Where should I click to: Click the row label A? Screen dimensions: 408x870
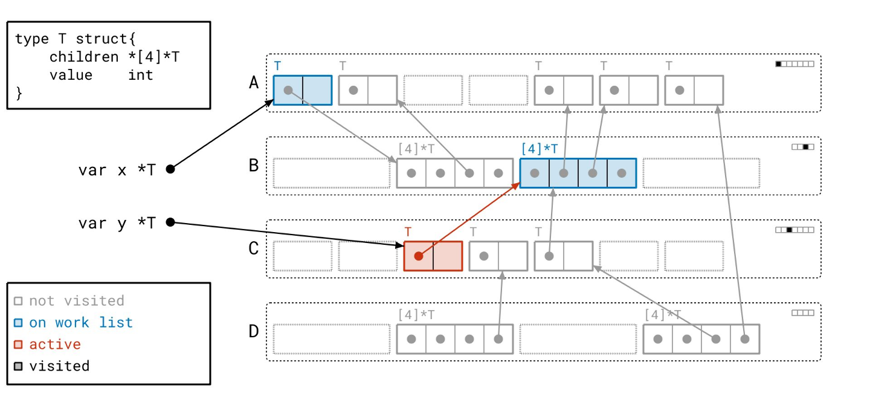(x=254, y=82)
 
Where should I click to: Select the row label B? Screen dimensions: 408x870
(x=254, y=165)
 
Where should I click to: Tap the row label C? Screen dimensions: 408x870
(x=254, y=248)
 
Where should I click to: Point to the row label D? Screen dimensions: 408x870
(x=254, y=331)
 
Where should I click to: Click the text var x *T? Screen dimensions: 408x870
(x=117, y=170)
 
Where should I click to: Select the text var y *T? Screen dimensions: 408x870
(x=117, y=223)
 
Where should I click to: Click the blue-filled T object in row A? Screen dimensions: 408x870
(x=303, y=90)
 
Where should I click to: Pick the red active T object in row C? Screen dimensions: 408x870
(x=433, y=256)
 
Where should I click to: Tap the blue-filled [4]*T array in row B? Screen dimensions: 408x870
(x=578, y=173)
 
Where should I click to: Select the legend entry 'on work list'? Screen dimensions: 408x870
(x=80, y=323)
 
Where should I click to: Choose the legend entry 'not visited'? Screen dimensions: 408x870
(x=76, y=301)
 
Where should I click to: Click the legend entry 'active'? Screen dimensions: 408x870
(x=55, y=345)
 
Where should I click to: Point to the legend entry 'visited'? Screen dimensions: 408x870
(x=59, y=366)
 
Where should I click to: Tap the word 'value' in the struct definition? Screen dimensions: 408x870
(x=71, y=75)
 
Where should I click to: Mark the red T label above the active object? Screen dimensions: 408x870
(x=408, y=232)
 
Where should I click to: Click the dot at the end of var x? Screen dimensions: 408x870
(x=170, y=169)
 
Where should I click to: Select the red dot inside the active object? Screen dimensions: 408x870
(x=418, y=256)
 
